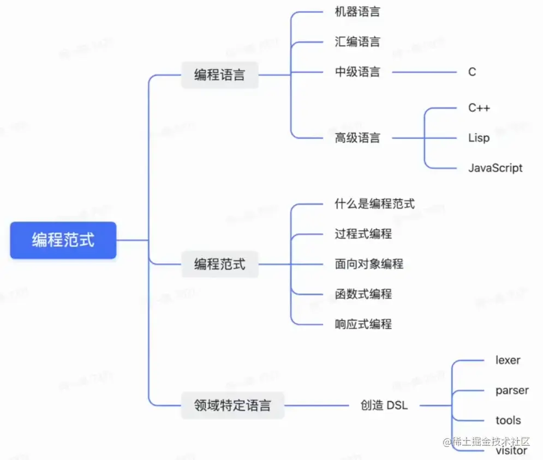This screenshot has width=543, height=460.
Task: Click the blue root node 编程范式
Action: click(x=63, y=240)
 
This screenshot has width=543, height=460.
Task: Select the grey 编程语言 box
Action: click(x=219, y=75)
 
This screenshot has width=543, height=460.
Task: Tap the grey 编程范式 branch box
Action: click(x=219, y=264)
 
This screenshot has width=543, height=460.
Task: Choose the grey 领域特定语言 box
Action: click(x=232, y=405)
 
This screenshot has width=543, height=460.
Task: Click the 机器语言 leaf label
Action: click(x=357, y=11)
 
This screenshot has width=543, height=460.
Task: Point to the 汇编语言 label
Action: click(x=357, y=41)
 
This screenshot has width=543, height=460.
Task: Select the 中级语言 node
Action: click(x=357, y=71)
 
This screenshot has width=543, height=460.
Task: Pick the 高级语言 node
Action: click(x=357, y=137)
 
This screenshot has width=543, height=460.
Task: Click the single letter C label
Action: click(x=472, y=71)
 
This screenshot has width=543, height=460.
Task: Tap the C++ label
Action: click(x=479, y=107)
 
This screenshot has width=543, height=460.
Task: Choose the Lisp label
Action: click(x=479, y=137)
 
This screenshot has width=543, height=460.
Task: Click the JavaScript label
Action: click(x=495, y=168)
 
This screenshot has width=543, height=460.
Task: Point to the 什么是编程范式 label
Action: click(x=374, y=204)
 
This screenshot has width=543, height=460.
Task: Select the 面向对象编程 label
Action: click(x=369, y=264)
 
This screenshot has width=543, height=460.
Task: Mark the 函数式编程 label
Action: click(x=363, y=294)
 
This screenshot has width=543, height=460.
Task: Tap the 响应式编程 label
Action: click(x=363, y=324)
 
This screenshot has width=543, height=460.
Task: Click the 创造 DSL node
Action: click(x=384, y=405)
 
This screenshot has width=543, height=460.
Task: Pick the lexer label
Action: click(x=508, y=360)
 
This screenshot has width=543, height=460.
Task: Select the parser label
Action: click(x=512, y=390)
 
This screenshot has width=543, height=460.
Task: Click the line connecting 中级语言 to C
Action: click(x=424, y=71)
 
